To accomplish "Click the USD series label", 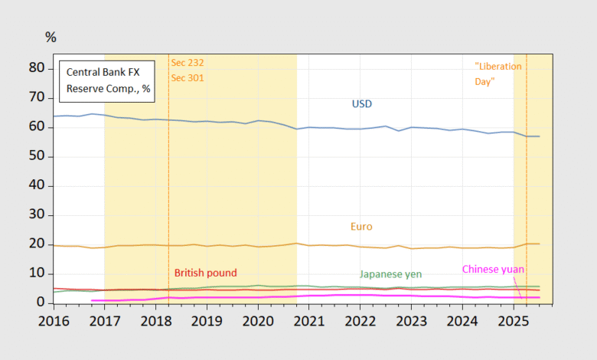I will click(362, 103).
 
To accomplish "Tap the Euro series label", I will click(362, 227).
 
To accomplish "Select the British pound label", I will click(206, 273).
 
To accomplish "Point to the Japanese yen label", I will click(390, 273).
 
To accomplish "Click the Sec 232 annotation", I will click(187, 62).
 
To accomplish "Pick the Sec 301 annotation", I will click(187, 77).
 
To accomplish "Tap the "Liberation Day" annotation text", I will click(498, 74).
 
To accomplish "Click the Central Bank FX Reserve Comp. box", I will click(108, 80).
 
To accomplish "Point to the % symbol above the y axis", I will click(51, 38).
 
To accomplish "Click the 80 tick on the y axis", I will click(38, 67).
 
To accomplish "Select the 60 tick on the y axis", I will click(38, 126).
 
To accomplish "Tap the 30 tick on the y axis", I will click(38, 215).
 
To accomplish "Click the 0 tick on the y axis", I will click(41, 303).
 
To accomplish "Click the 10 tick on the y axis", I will click(38, 274).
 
